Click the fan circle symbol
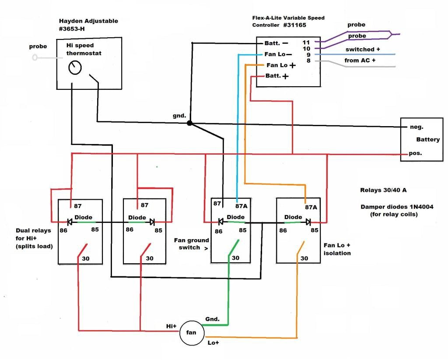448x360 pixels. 192,333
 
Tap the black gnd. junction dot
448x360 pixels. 189,123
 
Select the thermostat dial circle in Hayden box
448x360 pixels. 75,68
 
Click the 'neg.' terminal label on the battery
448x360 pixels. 417,127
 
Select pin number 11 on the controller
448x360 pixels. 306,42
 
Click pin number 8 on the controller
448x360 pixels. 308,61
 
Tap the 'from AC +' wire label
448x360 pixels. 360,60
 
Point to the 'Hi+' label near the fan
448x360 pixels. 171,326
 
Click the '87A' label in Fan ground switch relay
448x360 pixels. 241,205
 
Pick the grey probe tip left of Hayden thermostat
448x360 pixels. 35,57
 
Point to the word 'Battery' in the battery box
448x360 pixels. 428,140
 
